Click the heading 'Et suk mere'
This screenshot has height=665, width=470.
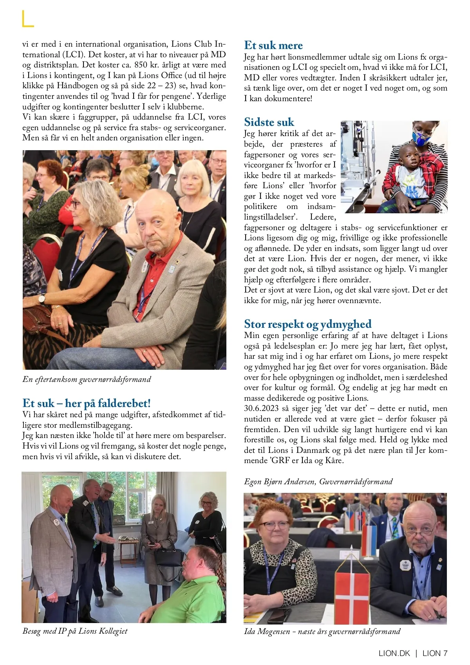(273, 45)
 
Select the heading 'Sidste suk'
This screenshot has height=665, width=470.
(269, 122)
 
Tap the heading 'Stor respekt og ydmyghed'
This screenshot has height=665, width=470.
(307, 324)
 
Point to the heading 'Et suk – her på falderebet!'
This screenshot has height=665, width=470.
(87, 403)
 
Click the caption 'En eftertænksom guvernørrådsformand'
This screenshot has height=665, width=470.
(87, 380)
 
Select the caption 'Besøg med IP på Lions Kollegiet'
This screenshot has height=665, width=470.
(75, 631)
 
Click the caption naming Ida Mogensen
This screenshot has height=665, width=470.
(322, 632)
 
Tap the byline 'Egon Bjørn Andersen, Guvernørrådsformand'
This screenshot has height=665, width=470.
(318, 482)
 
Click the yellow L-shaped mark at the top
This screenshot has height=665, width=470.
(27, 19)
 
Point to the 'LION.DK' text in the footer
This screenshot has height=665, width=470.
(394, 653)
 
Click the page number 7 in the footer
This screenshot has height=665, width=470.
(445, 653)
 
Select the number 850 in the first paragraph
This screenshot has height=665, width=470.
(140, 65)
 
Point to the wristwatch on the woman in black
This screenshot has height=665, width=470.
(42, 299)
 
